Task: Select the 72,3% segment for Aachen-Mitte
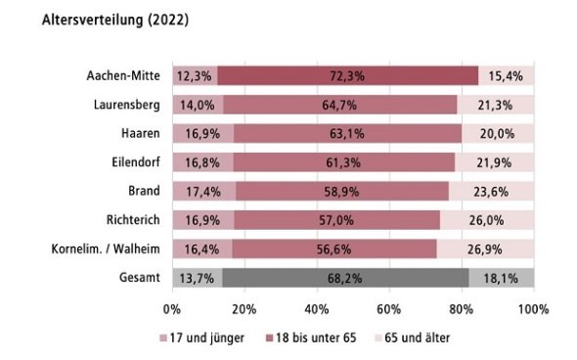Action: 347,75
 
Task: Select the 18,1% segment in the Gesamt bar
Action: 501,278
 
